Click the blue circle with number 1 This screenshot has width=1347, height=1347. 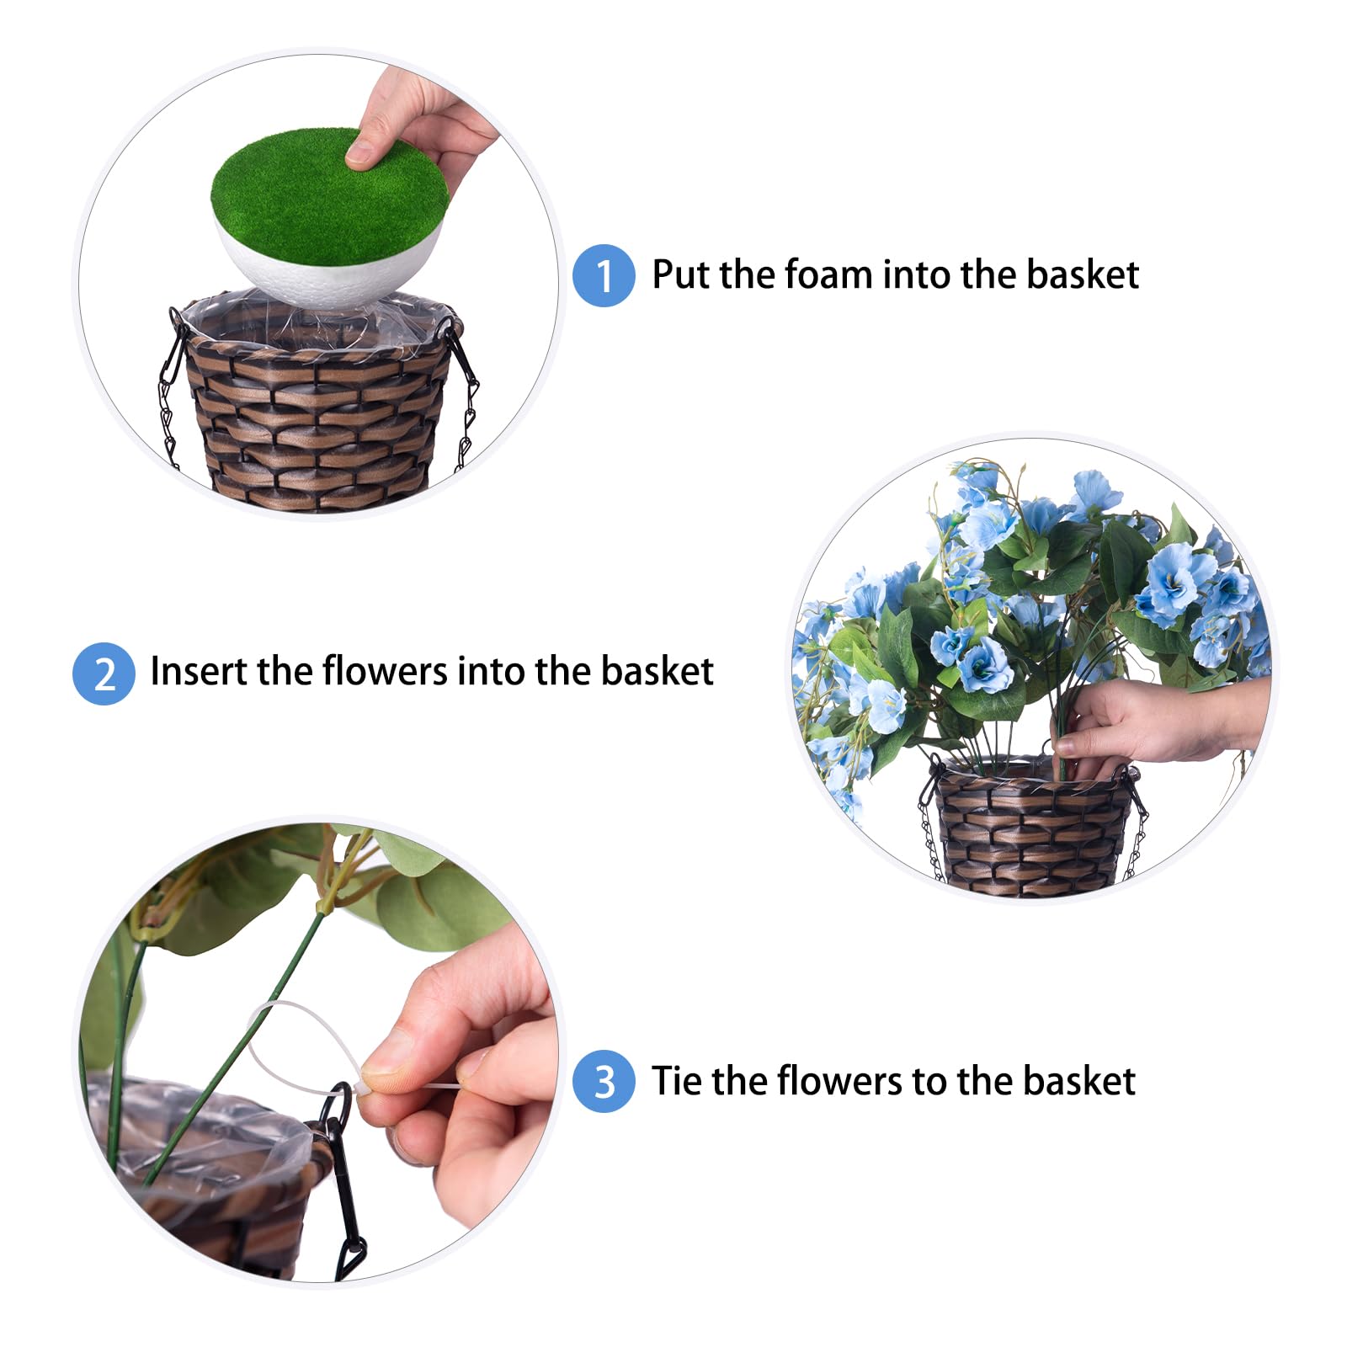click(x=604, y=275)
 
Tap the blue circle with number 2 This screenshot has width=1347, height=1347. click(x=104, y=673)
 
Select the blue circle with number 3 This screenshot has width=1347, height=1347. click(x=604, y=1082)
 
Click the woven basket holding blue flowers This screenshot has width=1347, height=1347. click(x=1033, y=829)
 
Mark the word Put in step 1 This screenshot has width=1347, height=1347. click(x=680, y=274)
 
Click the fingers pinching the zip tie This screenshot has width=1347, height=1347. click(x=438, y=1086)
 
